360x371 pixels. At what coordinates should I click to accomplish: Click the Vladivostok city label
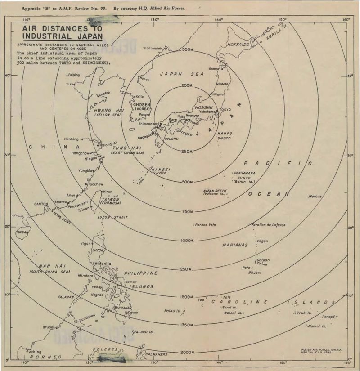coord(153,48)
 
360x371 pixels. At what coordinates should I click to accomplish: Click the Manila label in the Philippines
coord(104,264)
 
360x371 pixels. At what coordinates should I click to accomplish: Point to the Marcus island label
coord(315,197)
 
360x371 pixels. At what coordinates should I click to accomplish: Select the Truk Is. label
coord(305,313)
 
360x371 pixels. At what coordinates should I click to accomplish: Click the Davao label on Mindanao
coord(133,312)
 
